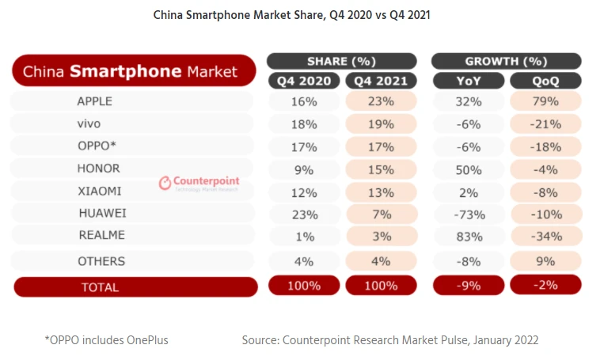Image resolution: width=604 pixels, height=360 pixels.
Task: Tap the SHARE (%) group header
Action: point(341,61)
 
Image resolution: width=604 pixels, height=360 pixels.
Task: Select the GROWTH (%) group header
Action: point(506,61)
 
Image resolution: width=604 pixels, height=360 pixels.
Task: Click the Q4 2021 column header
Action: point(381,80)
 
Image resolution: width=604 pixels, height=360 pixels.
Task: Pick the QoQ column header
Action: point(545,80)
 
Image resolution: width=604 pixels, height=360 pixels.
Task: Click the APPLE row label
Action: point(94,101)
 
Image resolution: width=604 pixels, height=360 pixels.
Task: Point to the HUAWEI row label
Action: point(102,214)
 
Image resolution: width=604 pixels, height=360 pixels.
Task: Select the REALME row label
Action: point(101,236)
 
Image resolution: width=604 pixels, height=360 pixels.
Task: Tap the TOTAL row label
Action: point(100,287)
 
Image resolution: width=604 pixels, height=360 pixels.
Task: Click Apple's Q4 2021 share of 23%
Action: point(381,101)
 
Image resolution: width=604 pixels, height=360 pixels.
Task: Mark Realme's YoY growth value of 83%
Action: point(468,236)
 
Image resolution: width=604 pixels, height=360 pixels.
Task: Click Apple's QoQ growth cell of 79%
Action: point(545,101)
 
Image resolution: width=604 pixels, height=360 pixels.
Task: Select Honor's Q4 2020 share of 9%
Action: point(305,169)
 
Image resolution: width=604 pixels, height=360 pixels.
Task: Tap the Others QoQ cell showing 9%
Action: point(545,260)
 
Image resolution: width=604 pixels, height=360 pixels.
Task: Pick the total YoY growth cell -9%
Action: point(468,286)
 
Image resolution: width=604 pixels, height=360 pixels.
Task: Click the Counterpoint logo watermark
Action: point(199,183)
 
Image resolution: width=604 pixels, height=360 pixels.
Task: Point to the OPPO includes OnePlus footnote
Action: point(106,340)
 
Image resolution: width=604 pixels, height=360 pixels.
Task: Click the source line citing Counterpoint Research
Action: point(389,340)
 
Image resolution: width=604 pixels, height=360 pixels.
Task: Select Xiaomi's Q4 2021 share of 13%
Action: point(381,191)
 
